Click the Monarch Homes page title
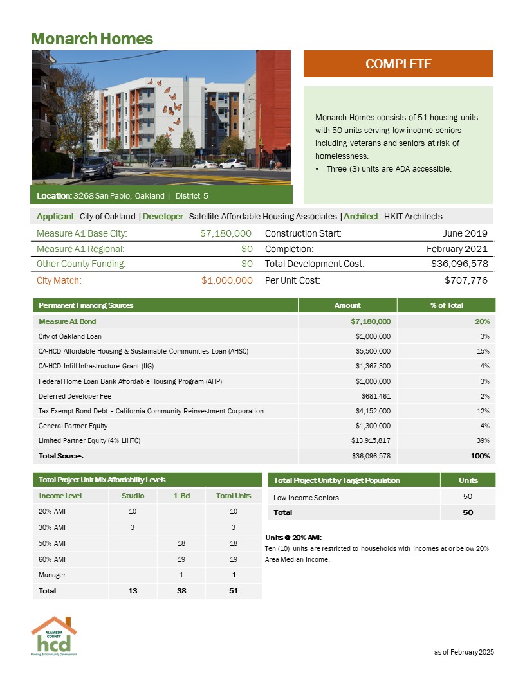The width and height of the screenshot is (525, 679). [92, 39]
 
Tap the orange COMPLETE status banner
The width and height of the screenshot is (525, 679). [398, 64]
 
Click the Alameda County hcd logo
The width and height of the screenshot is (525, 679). [54, 636]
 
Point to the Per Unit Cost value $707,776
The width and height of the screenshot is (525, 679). [466, 280]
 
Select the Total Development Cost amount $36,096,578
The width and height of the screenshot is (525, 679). [459, 264]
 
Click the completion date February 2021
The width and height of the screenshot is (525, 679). [457, 249]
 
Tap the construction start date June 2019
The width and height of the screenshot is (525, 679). [465, 233]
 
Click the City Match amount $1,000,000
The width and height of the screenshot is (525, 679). [226, 280]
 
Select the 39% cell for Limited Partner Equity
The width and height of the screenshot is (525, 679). [484, 440]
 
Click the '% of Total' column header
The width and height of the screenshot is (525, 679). [447, 305]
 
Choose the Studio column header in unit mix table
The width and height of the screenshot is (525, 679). [133, 496]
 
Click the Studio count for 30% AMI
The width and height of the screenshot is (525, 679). [133, 527]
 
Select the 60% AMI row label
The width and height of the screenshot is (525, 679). [51, 559]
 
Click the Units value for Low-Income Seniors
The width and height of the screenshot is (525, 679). [468, 497]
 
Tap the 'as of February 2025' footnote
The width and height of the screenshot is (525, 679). [464, 652]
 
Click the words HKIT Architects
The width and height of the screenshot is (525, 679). [413, 216]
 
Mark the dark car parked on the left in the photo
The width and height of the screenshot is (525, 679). [97, 168]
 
